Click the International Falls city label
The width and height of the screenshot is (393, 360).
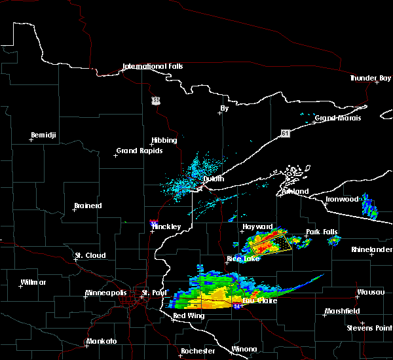click(x=153, y=66)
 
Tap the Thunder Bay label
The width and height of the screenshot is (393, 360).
click(x=370, y=78)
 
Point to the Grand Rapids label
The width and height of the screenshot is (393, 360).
click(x=136, y=151)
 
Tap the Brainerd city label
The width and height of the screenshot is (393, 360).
click(x=88, y=206)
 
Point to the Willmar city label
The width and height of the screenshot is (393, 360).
click(x=33, y=282)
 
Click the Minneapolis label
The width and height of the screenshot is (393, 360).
click(x=104, y=293)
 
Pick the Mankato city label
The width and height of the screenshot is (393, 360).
click(x=101, y=342)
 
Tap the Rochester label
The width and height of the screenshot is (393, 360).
click(x=198, y=351)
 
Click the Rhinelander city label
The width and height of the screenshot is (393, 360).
click(x=371, y=249)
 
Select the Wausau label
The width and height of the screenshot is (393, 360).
click(x=370, y=292)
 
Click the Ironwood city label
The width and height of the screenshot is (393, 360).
click(x=343, y=199)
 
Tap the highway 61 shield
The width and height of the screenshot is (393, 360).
click(x=285, y=134)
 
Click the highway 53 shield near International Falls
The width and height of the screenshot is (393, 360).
click(x=155, y=100)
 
